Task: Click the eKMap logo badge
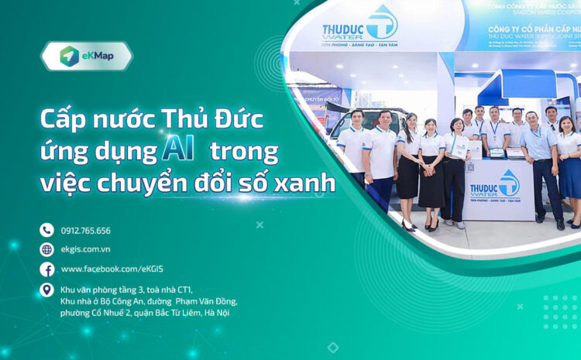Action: click(x=86, y=57)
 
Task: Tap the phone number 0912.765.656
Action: click(x=85, y=230)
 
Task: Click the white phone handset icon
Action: click(x=46, y=230)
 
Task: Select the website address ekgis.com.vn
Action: click(x=85, y=249)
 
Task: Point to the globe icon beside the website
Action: click(x=46, y=249)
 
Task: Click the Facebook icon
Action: click(x=46, y=269)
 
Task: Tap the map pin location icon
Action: click(x=46, y=290)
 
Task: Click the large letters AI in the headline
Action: click(x=177, y=149)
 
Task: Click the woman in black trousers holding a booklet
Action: click(x=456, y=166)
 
